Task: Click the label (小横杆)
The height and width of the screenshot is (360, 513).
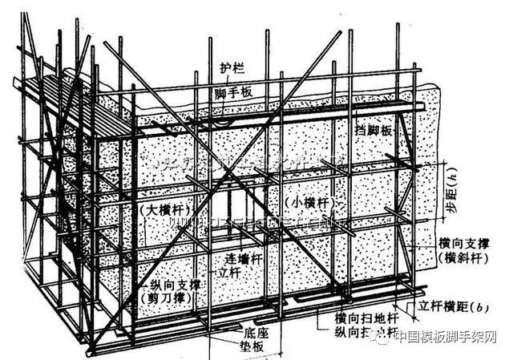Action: pyautogui.click(x=311, y=200)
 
